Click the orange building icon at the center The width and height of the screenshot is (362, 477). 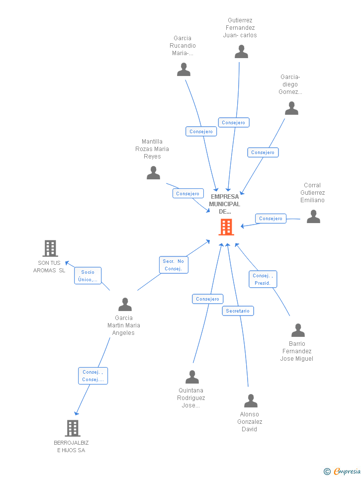(226, 227)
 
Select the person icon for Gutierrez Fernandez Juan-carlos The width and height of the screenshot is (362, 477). (241, 52)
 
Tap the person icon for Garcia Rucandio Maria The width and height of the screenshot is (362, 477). (183, 70)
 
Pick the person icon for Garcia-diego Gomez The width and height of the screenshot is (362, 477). (291, 108)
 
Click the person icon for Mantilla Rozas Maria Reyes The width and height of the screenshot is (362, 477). (153, 173)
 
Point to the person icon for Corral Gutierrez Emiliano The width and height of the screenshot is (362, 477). (313, 217)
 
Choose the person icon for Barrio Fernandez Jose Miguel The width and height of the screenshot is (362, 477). (298, 330)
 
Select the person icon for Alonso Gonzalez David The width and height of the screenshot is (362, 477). (251, 401)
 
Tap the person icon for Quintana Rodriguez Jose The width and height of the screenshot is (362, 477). (192, 377)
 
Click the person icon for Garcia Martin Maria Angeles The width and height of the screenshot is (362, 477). (125, 304)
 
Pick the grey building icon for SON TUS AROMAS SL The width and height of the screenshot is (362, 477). (50, 248)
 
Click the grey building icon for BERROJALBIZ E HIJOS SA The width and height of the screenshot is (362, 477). (73, 428)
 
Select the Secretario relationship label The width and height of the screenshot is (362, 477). (238, 311)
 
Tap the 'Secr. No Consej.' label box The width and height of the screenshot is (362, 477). (174, 265)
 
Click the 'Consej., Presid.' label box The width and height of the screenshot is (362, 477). (263, 279)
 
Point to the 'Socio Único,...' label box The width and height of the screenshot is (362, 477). (88, 276)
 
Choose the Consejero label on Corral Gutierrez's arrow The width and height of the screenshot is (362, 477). (271, 219)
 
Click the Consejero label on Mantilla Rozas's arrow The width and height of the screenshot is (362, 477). (188, 194)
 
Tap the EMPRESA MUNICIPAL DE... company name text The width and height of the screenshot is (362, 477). (224, 204)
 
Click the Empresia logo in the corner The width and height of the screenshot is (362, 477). (343, 471)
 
